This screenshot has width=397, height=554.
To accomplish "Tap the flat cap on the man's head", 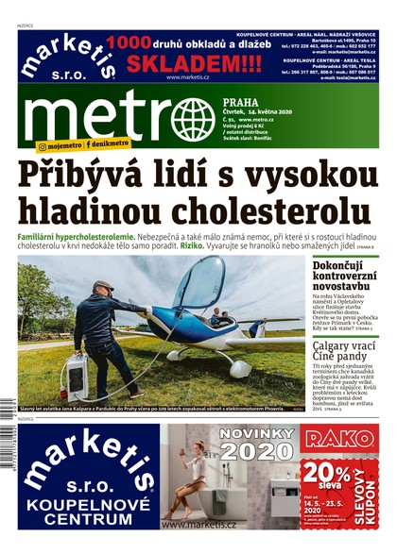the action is click(103, 284).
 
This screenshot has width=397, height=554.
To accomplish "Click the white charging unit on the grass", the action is click(75, 376).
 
